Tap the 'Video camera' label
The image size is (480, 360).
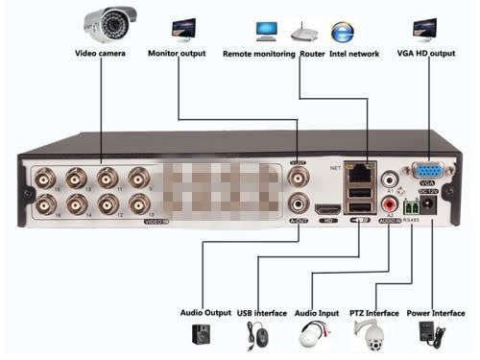coord(100,54)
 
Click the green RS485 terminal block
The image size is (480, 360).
coord(412,206)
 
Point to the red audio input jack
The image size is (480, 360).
coord(391,204)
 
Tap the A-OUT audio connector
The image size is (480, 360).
coord(300,204)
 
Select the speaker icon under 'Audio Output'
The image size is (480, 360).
coord(202,334)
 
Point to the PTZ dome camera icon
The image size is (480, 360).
coord(368,335)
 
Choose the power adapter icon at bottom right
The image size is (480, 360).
coord(425,334)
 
